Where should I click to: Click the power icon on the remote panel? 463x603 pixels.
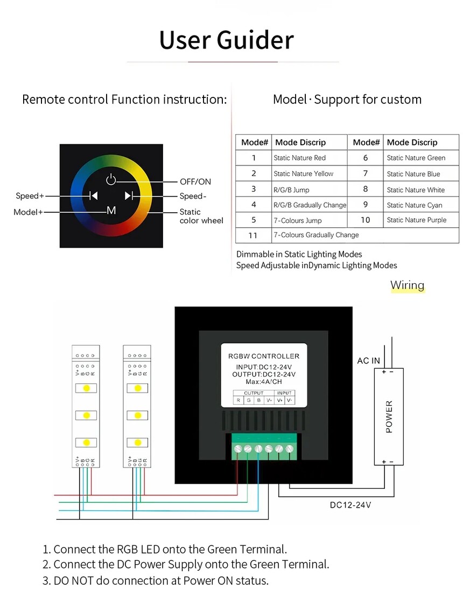(x=111, y=180)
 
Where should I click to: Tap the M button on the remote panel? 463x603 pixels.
(x=111, y=211)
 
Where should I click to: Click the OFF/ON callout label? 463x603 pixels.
(x=195, y=182)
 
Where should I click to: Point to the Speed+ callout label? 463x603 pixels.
(x=30, y=196)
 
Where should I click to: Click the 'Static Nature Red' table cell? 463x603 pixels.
(x=299, y=158)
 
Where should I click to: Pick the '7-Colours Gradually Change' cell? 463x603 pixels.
(x=316, y=235)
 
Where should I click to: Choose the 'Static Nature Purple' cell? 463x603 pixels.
(x=416, y=220)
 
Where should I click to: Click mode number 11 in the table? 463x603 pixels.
(x=253, y=235)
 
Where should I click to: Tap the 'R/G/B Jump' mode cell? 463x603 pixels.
(x=291, y=190)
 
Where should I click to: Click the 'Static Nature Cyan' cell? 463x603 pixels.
(x=415, y=205)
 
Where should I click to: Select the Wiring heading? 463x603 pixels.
(x=407, y=285)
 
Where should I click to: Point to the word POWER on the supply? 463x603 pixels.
(x=389, y=417)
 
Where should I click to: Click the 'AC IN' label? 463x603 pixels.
(x=369, y=361)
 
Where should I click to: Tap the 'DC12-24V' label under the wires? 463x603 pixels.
(x=350, y=505)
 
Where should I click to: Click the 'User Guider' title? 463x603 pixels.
(x=227, y=40)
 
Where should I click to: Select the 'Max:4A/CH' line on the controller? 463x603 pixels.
(x=264, y=382)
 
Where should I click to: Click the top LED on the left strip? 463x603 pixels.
(x=86, y=388)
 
